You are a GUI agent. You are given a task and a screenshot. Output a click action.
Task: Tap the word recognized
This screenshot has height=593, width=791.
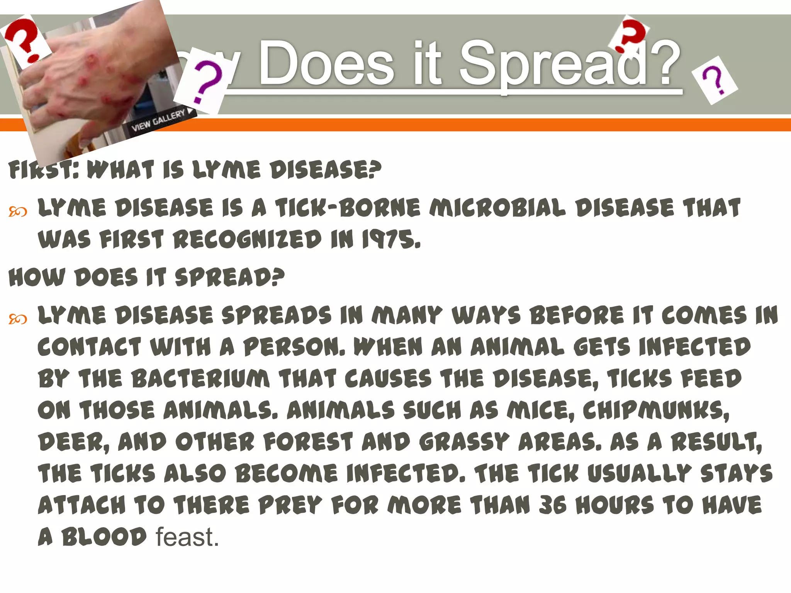click(x=247, y=240)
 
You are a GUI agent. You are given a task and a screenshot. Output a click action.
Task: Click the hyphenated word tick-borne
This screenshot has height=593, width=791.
click(x=348, y=208)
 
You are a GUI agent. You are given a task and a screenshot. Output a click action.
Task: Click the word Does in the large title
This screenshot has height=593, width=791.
click(x=327, y=64)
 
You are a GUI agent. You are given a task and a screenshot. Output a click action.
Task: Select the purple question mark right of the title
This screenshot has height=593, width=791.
click(x=714, y=80)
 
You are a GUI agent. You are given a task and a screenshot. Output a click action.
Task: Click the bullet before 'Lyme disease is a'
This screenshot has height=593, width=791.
click(x=18, y=212)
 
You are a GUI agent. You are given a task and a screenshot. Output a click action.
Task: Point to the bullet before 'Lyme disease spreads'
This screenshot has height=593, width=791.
click(x=18, y=319)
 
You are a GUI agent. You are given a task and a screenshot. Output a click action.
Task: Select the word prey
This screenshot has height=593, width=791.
click(x=290, y=505)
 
